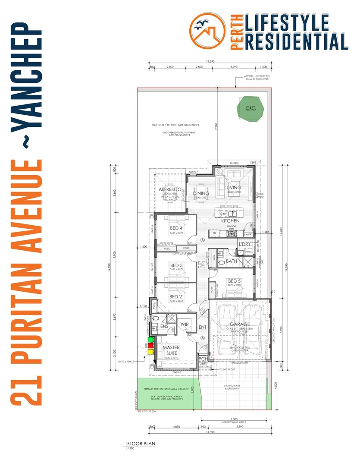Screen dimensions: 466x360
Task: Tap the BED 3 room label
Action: (176, 265)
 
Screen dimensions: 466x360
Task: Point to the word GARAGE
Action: (240, 324)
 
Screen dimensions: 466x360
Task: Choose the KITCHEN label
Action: (230, 220)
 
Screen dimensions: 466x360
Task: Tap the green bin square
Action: (150, 340)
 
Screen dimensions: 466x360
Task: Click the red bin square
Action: (150, 345)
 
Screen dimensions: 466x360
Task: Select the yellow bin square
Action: (150, 351)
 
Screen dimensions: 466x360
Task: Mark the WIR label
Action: (185, 324)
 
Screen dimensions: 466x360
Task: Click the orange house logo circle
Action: (208, 31)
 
